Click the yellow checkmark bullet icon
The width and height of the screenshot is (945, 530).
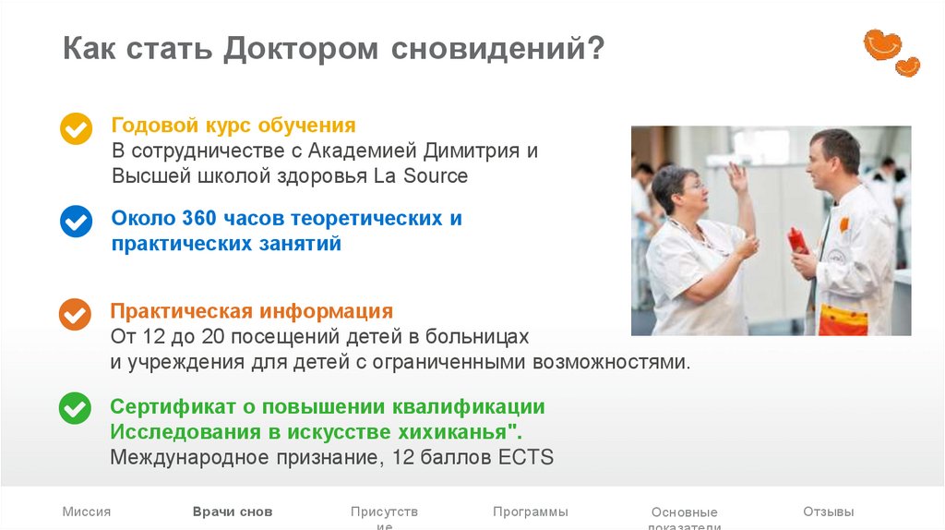coord(76,128)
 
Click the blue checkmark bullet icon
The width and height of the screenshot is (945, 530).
coord(76,222)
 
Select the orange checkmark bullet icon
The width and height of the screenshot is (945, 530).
coord(76,314)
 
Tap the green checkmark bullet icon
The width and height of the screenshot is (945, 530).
coord(76,407)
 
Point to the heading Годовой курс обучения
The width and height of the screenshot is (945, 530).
coord(233,125)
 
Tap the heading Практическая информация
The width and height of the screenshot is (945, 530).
coord(251,311)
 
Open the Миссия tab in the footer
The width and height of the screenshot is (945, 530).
coord(87,512)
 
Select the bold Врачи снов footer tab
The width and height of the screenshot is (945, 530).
coord(233,512)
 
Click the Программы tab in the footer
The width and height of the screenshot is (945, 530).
coord(530,512)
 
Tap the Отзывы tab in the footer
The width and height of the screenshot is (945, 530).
coord(828,512)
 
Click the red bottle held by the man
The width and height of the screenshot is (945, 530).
coord(797,241)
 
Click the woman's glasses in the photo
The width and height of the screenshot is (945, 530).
coord(691,187)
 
